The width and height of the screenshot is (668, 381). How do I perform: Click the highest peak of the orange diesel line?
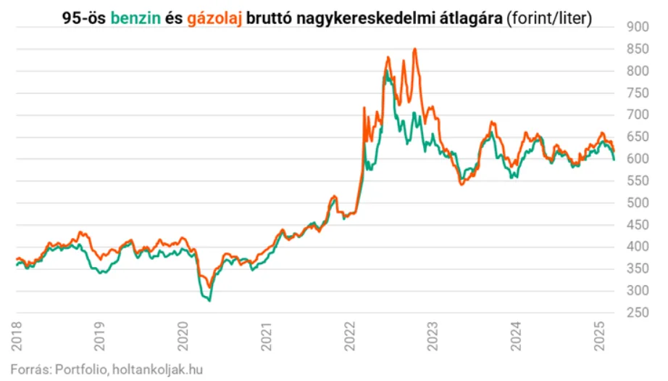414,49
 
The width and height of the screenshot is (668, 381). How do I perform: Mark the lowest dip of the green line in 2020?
209,300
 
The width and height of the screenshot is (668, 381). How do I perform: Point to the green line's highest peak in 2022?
388,72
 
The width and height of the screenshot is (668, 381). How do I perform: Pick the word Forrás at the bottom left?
28,369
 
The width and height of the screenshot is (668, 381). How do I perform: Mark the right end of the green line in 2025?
614,160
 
